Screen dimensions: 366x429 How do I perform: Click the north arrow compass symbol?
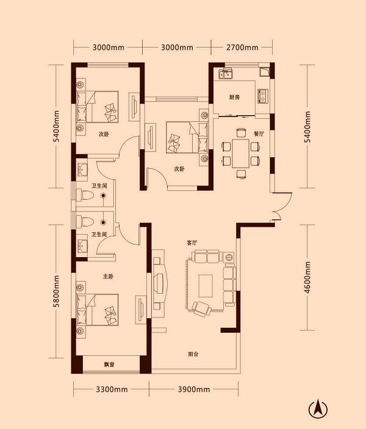[318, 409]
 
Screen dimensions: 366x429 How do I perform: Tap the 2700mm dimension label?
[242, 48]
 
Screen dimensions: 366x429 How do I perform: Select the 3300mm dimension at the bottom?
[112, 389]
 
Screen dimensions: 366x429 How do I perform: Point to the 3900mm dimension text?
[194, 389]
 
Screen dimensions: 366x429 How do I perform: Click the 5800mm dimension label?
[56, 291]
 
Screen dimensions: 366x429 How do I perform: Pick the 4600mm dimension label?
[307, 277]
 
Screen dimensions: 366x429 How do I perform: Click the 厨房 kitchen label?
[234, 97]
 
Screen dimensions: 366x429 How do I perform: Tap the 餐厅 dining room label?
[259, 134]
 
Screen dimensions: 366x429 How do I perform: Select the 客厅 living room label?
[192, 243]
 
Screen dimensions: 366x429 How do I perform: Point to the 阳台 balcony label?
[193, 354]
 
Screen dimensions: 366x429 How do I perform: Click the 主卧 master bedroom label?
[108, 276]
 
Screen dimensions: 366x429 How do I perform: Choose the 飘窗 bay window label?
[109, 364]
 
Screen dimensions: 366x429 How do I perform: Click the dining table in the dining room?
[240, 154]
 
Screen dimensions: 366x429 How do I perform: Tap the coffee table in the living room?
[206, 286]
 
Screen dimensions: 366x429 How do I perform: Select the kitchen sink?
[226, 74]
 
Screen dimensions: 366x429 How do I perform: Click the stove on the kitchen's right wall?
[263, 96]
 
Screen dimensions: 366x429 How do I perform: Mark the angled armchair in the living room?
[202, 308]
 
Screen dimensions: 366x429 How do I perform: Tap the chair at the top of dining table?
[241, 133]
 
